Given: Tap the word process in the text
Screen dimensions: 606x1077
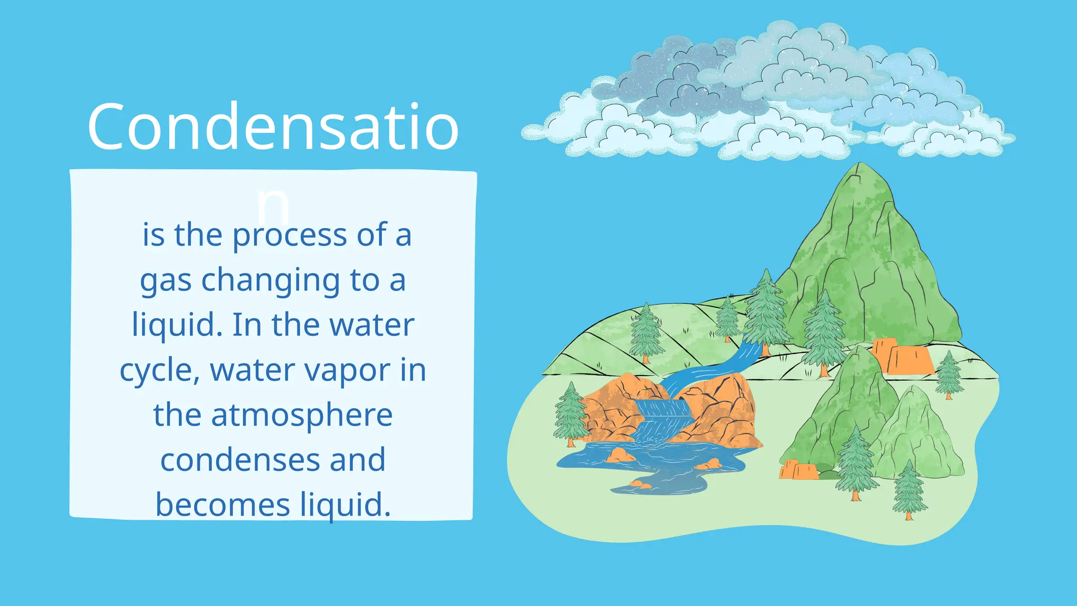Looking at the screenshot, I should (x=289, y=235).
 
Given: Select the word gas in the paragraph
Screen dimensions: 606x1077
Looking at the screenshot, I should (x=165, y=281).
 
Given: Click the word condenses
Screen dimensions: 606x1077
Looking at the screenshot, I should (x=239, y=460).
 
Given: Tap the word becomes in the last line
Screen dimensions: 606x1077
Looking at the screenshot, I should (x=222, y=505).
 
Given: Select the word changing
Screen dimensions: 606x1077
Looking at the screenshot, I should (x=271, y=281).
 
